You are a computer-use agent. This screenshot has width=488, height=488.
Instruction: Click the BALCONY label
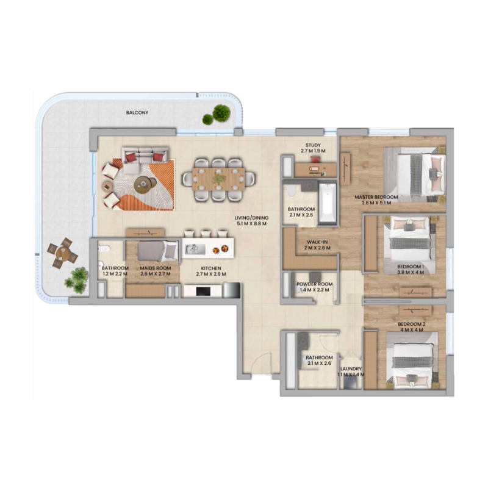pyautogui.click(x=137, y=113)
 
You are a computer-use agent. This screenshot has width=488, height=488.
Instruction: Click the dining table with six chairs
pyautogui.click(x=218, y=179)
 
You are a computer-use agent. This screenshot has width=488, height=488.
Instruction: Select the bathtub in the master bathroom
pyautogui.click(x=326, y=202)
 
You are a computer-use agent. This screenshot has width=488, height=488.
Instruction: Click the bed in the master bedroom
pyautogui.click(x=420, y=173)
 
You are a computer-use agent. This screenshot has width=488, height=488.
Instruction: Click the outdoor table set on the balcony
pyautogui.click(x=60, y=254)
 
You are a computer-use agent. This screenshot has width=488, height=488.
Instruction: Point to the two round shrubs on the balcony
pyautogui.click(x=216, y=115)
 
